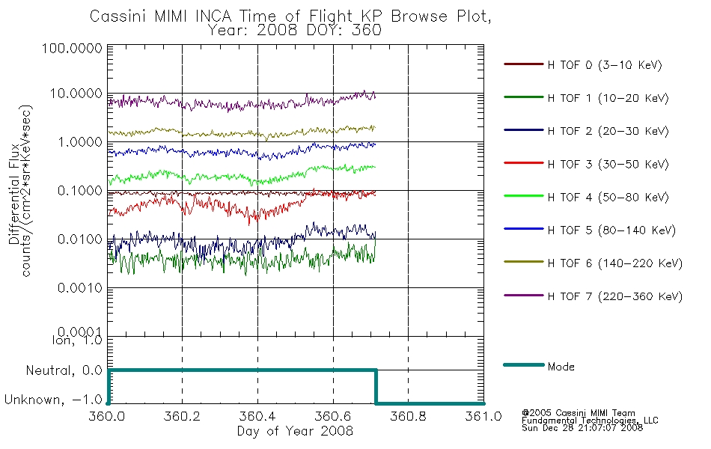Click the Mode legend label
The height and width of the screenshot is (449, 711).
coord(561,367)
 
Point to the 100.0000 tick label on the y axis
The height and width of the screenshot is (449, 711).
coord(72,48)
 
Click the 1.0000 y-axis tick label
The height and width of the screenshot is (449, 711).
coord(80,142)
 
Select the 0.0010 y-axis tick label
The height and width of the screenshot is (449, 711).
coord(80,288)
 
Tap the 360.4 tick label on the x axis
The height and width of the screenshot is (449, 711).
coord(257,416)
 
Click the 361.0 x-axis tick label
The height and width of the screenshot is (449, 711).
coord(483,416)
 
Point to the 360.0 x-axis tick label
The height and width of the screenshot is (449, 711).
coord(106,416)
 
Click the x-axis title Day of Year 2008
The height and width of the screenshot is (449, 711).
coord(295,431)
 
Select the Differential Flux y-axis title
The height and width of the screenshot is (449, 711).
coord(14,194)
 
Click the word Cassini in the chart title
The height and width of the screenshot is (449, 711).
coord(117,16)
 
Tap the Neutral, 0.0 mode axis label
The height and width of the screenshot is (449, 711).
coord(64,371)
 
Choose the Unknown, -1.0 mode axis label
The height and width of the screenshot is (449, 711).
coord(53,400)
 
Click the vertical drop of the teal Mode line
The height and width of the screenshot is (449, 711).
coord(376,387)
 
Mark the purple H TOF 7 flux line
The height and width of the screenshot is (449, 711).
coord(242,105)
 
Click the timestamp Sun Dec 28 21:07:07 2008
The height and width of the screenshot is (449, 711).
coord(582,428)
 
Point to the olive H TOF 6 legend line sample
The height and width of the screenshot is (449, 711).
coord(524,262)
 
